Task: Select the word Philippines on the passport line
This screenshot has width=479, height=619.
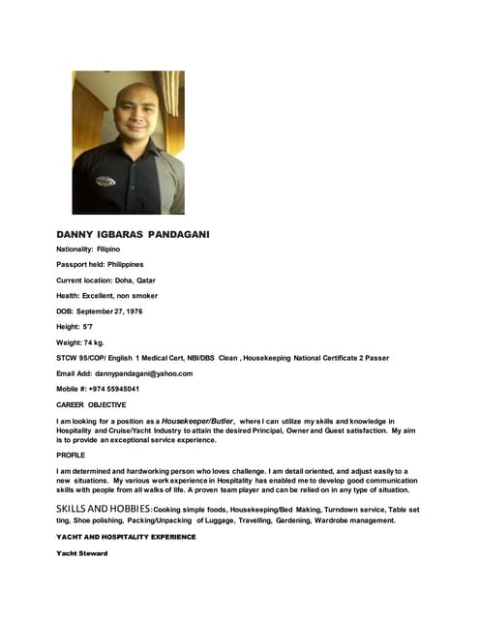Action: coord(126,264)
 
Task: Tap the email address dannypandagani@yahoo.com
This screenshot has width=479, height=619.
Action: coord(144,372)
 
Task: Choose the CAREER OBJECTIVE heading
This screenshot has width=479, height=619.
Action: coord(91,404)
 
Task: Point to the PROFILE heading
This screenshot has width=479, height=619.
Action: coord(71,455)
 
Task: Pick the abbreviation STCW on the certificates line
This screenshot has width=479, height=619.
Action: coord(68,357)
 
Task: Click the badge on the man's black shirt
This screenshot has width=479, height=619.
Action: coord(105,181)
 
